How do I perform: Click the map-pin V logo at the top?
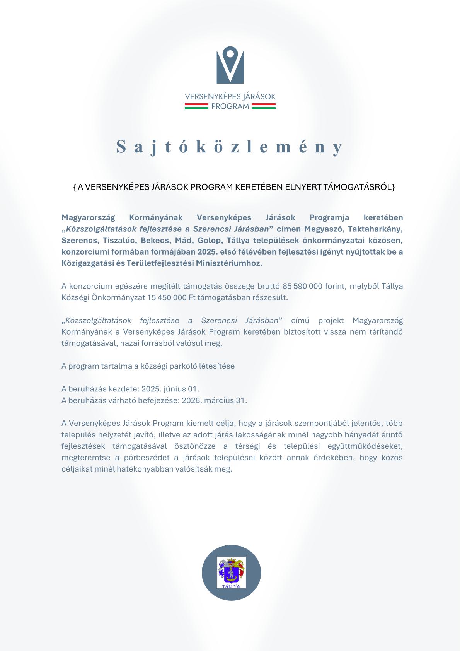pyautogui.click(x=230, y=65)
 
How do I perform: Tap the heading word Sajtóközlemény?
pyautogui.click(x=230, y=147)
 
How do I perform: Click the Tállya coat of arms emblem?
pyautogui.click(x=231, y=572)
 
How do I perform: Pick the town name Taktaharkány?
pyautogui.click(x=375, y=229)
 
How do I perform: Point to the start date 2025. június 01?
pyautogui.click(x=170, y=389)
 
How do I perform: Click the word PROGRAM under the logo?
pyautogui.click(x=230, y=106)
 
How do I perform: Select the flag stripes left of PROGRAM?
pyautogui.click(x=196, y=106)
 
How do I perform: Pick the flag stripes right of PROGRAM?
pyautogui.click(x=264, y=106)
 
